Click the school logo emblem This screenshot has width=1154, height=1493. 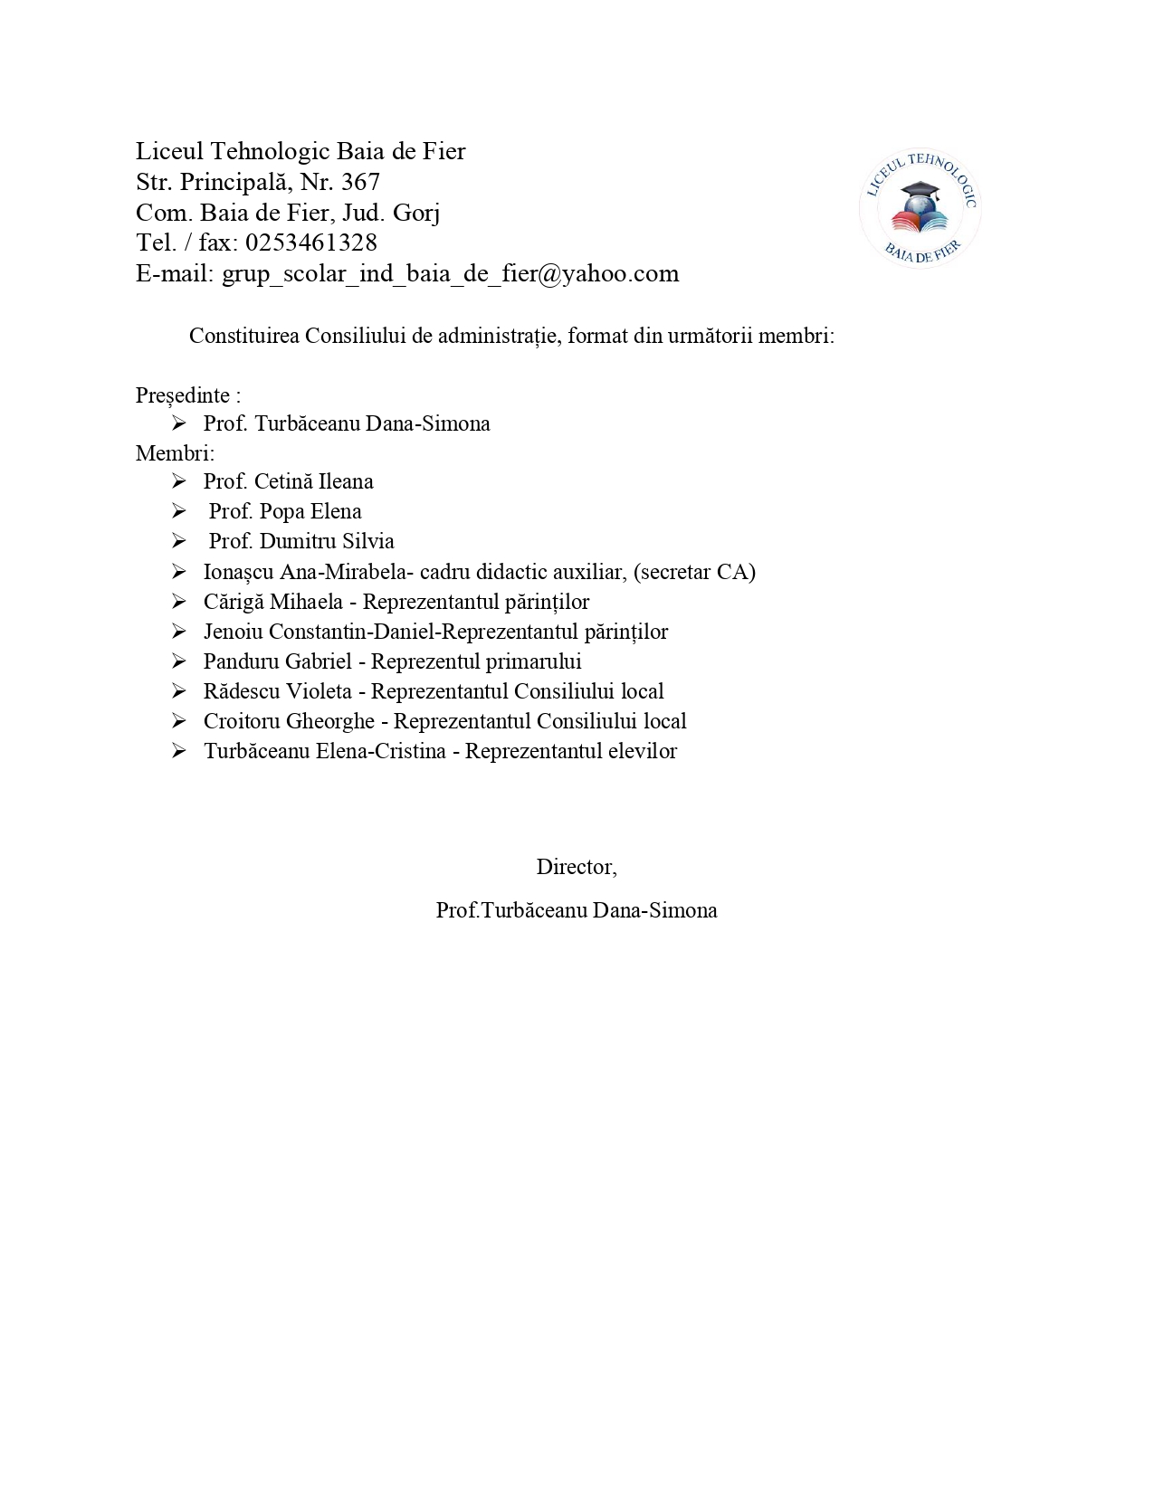click(x=920, y=208)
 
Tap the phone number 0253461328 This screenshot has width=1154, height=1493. click(x=310, y=242)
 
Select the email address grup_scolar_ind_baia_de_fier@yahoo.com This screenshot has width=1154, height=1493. click(x=450, y=273)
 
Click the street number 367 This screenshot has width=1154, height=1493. click(x=360, y=182)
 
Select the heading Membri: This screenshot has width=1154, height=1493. click(x=176, y=452)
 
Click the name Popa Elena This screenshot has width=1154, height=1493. click(x=310, y=511)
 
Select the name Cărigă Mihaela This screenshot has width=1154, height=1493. click(x=273, y=602)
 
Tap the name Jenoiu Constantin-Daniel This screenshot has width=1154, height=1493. click(x=320, y=632)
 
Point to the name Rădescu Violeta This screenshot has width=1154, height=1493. click(x=278, y=691)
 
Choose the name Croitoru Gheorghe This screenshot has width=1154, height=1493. click(x=289, y=721)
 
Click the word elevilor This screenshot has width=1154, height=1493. click(x=643, y=751)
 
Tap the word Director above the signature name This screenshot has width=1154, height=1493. click(x=575, y=867)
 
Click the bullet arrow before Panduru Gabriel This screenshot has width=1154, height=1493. click(x=178, y=661)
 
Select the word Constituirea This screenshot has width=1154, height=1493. click(x=244, y=336)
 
